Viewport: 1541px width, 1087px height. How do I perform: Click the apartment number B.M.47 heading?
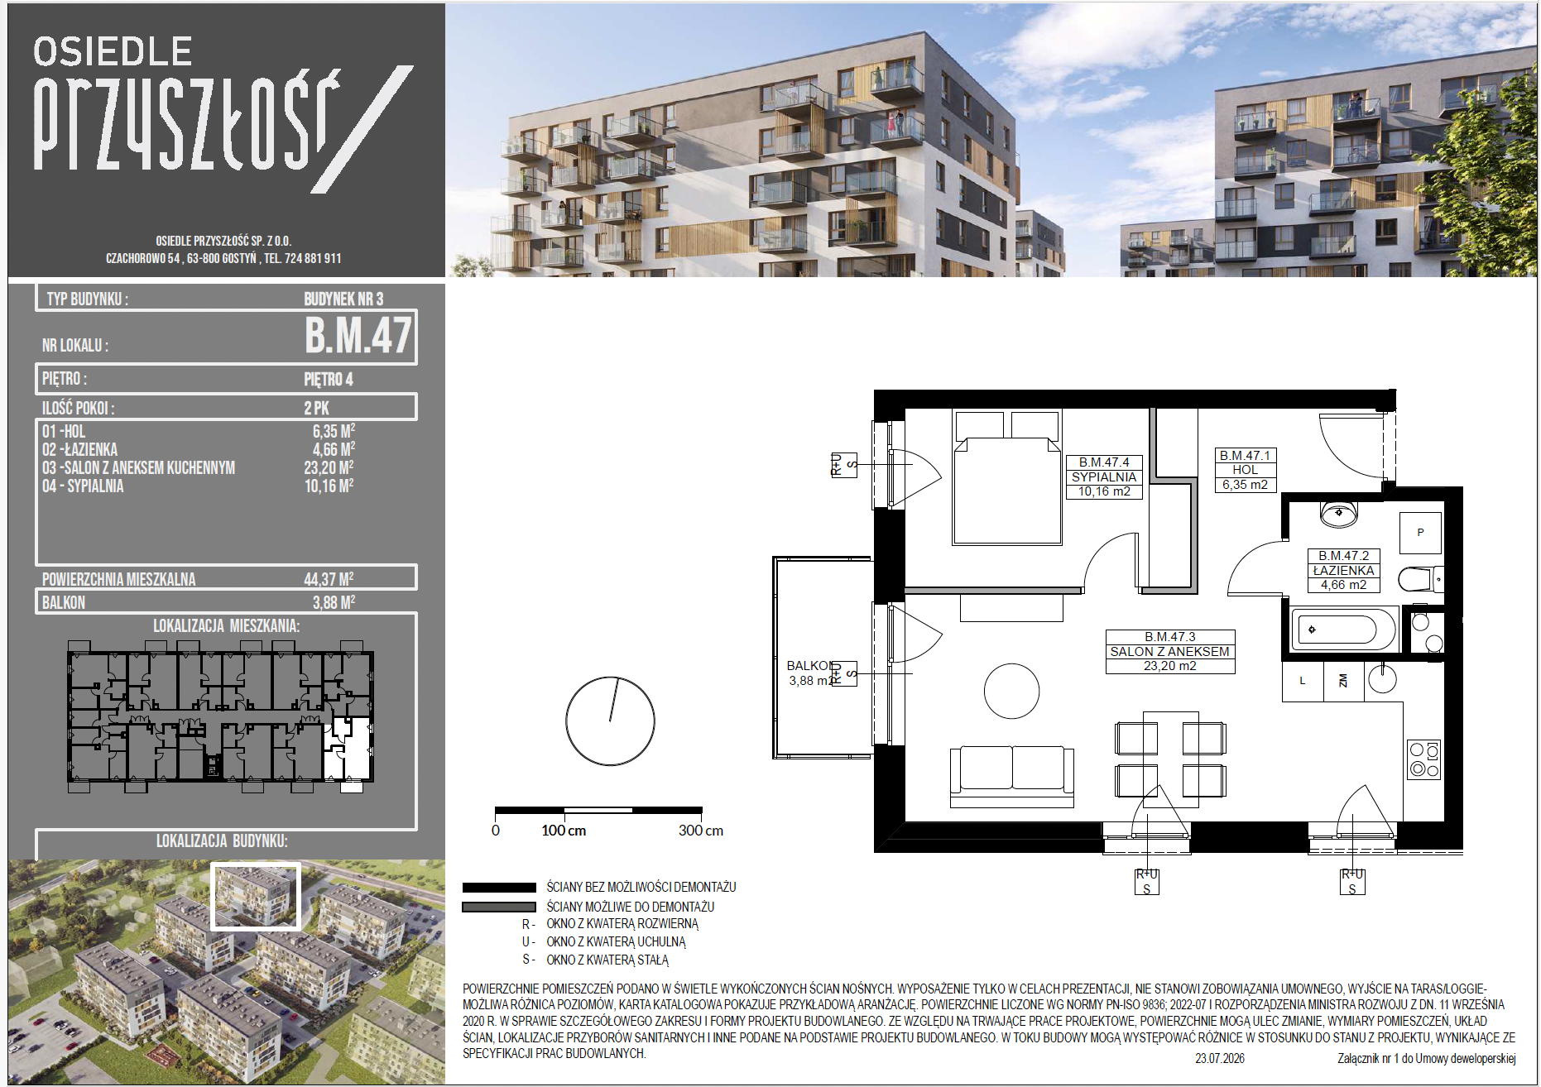click(x=358, y=336)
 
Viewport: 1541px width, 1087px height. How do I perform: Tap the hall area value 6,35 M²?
click(x=334, y=431)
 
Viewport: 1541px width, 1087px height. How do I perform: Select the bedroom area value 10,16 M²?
click(x=329, y=486)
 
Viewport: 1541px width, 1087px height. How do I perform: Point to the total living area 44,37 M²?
click(x=329, y=578)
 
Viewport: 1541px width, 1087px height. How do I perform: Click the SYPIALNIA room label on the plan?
click(x=1104, y=477)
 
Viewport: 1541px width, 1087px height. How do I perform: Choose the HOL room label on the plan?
click(x=1245, y=470)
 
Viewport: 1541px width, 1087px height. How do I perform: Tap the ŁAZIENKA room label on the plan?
click(x=1343, y=571)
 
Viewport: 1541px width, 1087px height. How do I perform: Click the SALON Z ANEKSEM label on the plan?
click(x=1169, y=652)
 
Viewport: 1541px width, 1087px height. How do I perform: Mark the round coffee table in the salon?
click(x=1011, y=691)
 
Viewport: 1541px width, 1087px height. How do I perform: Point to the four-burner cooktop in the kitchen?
click(x=1424, y=760)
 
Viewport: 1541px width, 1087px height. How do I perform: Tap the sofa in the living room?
click(x=1012, y=776)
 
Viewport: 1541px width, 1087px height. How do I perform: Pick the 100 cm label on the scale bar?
click(x=564, y=831)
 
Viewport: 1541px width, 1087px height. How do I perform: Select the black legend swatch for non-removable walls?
click(x=499, y=888)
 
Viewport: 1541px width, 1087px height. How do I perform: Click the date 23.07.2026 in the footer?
click(x=1220, y=1059)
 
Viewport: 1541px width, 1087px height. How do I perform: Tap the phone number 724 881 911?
click(x=313, y=258)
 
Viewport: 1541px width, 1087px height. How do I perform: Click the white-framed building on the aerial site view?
click(x=256, y=897)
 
